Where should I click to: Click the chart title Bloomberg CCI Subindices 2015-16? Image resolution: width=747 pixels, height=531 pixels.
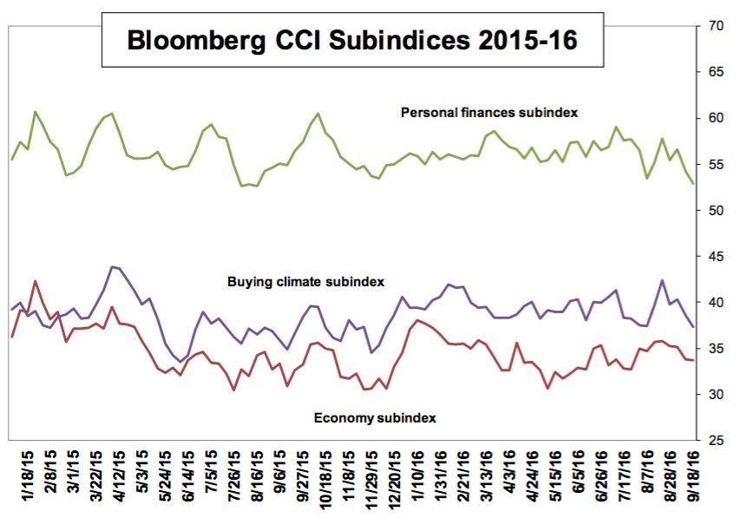pyautogui.click(x=352, y=40)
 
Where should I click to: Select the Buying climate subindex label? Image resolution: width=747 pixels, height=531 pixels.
pyautogui.click(x=305, y=282)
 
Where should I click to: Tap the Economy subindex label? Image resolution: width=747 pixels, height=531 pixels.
pyautogui.click(x=374, y=417)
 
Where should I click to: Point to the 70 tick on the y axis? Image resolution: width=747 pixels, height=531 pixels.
pyautogui.click(x=718, y=26)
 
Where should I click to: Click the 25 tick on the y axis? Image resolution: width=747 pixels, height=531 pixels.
pyautogui.click(x=718, y=441)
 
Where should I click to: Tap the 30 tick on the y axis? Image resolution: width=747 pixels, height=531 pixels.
pyautogui.click(x=718, y=395)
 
